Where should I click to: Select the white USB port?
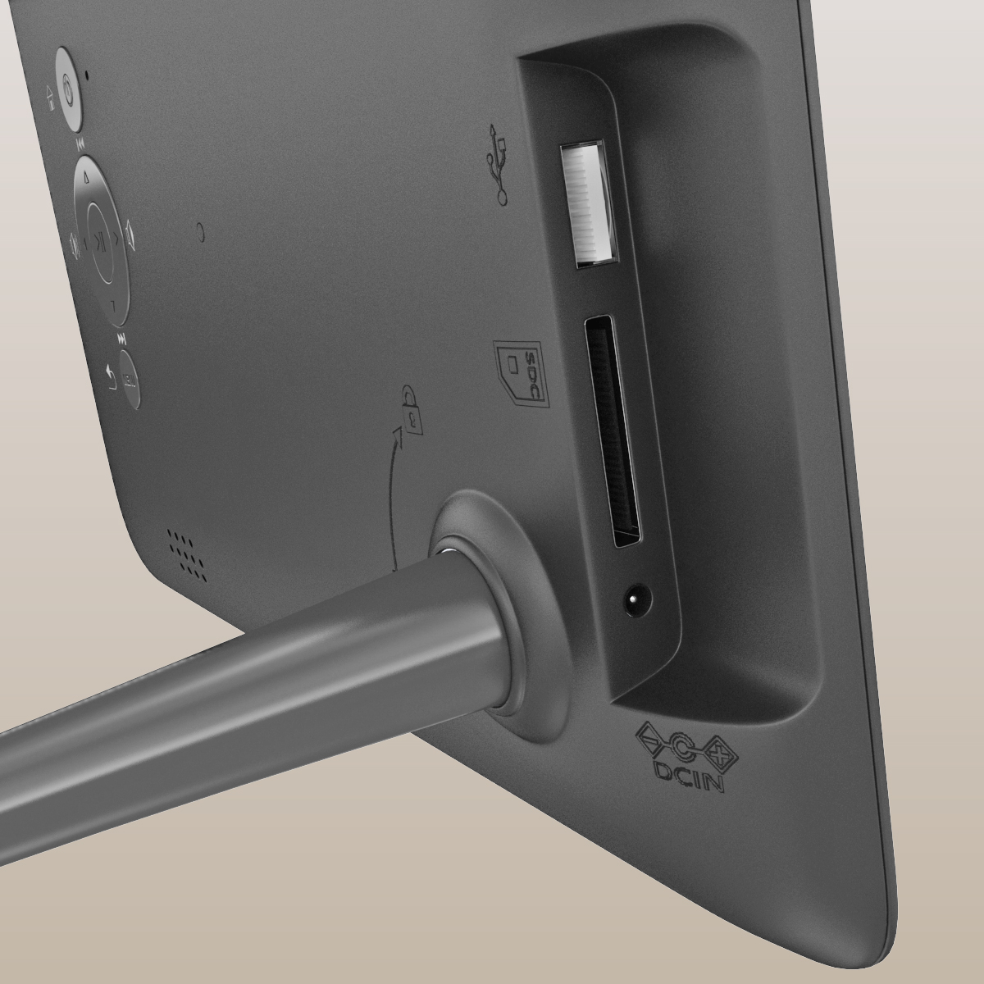(x=588, y=203)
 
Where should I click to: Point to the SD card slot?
(x=613, y=430)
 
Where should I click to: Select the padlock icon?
(x=412, y=410)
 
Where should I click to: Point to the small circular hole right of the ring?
(x=201, y=232)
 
